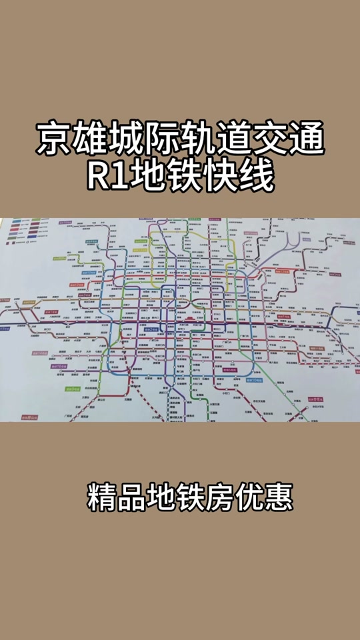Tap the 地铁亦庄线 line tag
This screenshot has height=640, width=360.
tap(315, 398)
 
